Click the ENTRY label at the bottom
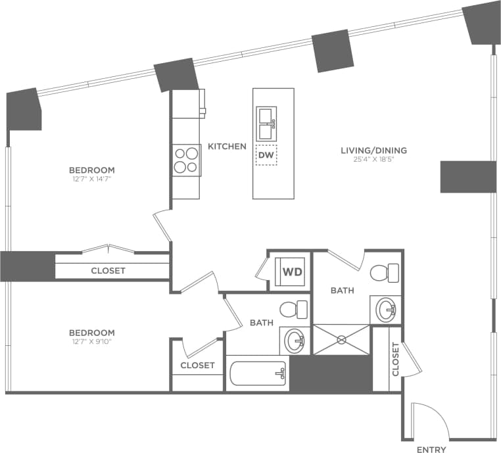pos(431,450)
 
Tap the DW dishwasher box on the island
pos(266,155)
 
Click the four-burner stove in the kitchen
pos(186,160)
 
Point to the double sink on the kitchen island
pos(266,123)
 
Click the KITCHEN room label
pos(227,146)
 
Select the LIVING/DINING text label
pos(373,151)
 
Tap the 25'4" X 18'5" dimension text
pos(373,160)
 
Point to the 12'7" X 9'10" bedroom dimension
pos(91,342)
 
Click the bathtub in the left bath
pos(257,374)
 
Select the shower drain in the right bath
pos(342,340)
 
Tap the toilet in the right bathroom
pos(385,271)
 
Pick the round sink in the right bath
pos(385,308)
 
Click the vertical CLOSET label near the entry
pos(394,359)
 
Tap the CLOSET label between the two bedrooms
pos(108,270)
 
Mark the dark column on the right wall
pos(467,176)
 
